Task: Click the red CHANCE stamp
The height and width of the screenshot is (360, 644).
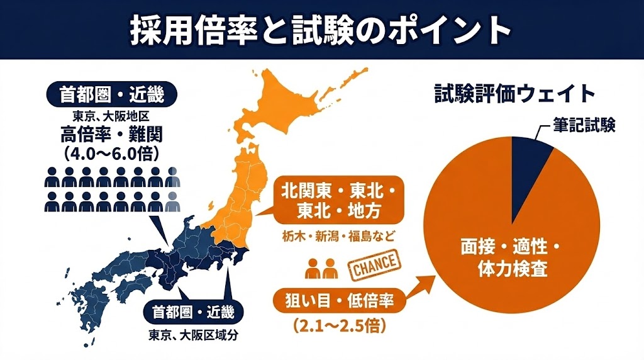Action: coord(373,264)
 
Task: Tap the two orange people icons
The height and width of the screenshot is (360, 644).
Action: coord(322,268)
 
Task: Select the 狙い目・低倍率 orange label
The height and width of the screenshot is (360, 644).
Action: coord(338,301)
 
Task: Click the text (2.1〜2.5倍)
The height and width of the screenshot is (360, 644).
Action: coord(339,327)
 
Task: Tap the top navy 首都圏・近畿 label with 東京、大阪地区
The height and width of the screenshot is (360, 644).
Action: coord(111,95)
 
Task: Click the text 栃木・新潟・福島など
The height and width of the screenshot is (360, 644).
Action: coord(338,238)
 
